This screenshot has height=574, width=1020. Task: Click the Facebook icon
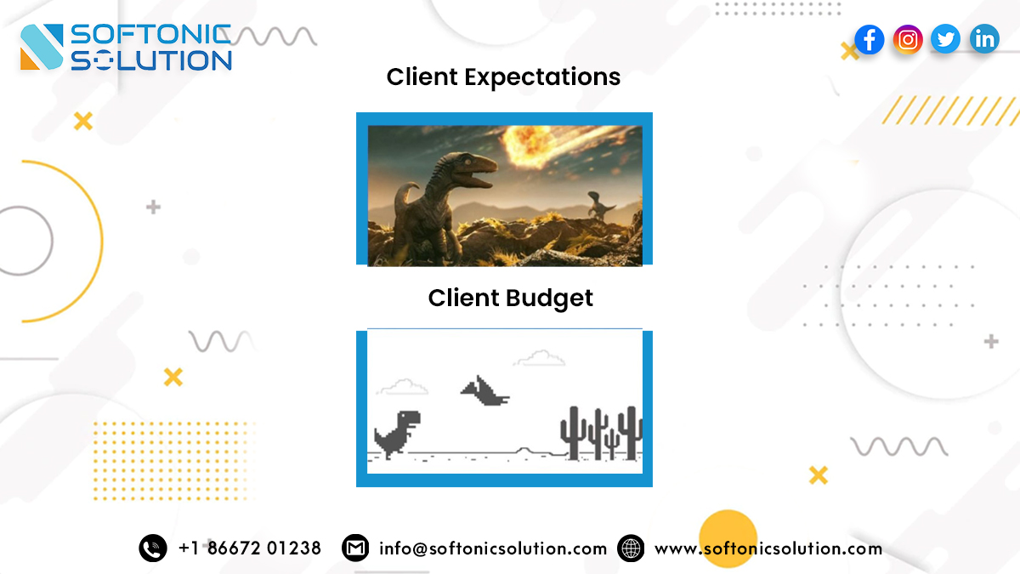(x=869, y=39)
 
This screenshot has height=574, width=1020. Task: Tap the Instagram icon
(x=908, y=39)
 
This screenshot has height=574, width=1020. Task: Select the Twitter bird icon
(x=945, y=39)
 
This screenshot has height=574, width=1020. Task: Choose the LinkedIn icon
(x=984, y=39)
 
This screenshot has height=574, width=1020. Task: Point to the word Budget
(x=550, y=298)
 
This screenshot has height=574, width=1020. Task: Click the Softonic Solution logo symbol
(x=42, y=47)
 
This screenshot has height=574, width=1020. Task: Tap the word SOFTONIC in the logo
(x=150, y=35)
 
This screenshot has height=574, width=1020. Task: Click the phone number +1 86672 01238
(x=250, y=548)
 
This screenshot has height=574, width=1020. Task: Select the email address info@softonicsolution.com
(x=493, y=548)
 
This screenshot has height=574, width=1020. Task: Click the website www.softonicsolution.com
(x=768, y=548)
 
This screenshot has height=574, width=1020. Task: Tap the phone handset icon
(x=153, y=548)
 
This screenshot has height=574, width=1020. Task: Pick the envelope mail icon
(x=355, y=548)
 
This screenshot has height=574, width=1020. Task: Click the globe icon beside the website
(x=631, y=548)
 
